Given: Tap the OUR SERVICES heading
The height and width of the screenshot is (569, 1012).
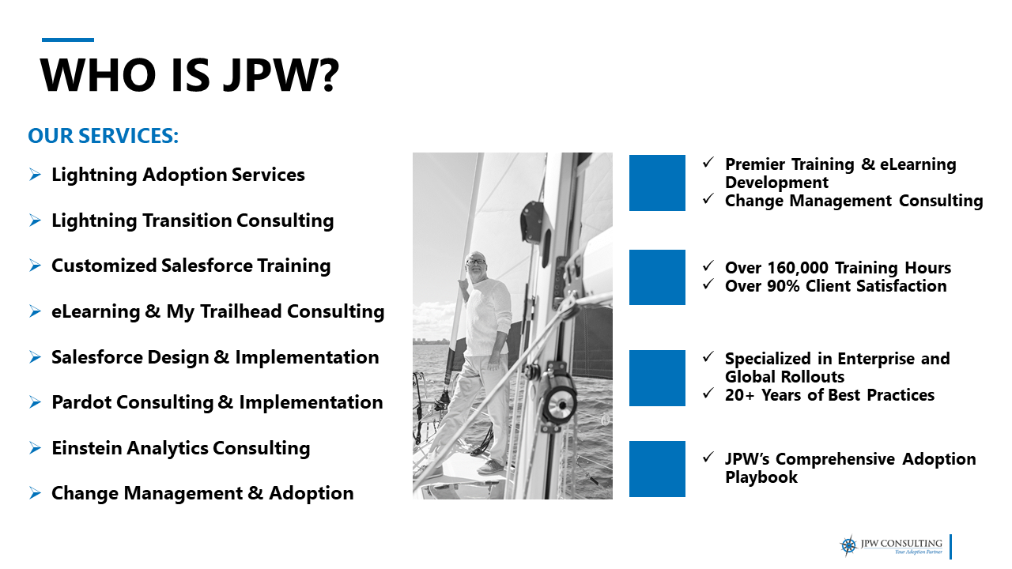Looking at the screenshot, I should pyautogui.click(x=104, y=136).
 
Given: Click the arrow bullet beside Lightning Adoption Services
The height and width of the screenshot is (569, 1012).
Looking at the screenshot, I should pyautogui.click(x=35, y=175).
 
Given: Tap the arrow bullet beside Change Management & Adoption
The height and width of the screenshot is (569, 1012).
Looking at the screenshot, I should pyautogui.click(x=35, y=493).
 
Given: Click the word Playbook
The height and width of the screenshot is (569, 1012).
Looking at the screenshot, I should pyautogui.click(x=761, y=477).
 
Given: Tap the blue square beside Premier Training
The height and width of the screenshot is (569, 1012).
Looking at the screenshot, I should pyautogui.click(x=657, y=183).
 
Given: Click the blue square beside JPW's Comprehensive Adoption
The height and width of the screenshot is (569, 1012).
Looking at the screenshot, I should pyautogui.click(x=657, y=469).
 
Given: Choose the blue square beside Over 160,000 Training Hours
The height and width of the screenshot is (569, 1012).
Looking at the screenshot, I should pyautogui.click(x=657, y=277).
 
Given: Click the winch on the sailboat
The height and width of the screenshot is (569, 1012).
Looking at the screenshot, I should pyautogui.click(x=560, y=408).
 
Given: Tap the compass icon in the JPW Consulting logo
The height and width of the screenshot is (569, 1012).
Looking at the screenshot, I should pyautogui.click(x=848, y=545).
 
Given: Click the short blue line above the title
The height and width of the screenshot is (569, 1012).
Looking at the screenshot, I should pyautogui.click(x=67, y=40).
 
